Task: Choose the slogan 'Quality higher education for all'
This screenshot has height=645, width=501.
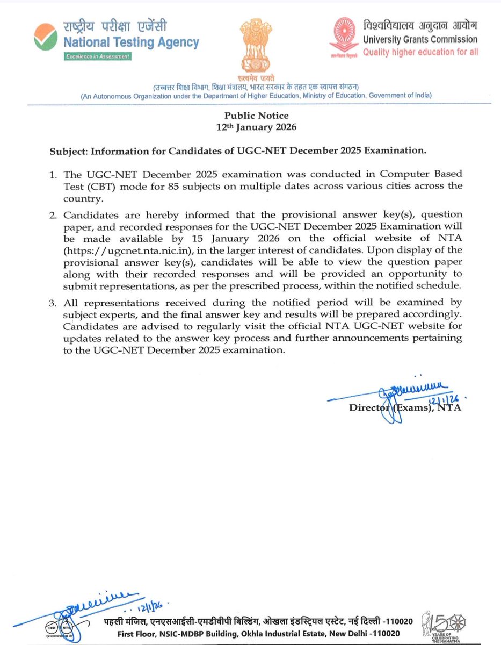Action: pyautogui.click(x=420, y=52)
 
